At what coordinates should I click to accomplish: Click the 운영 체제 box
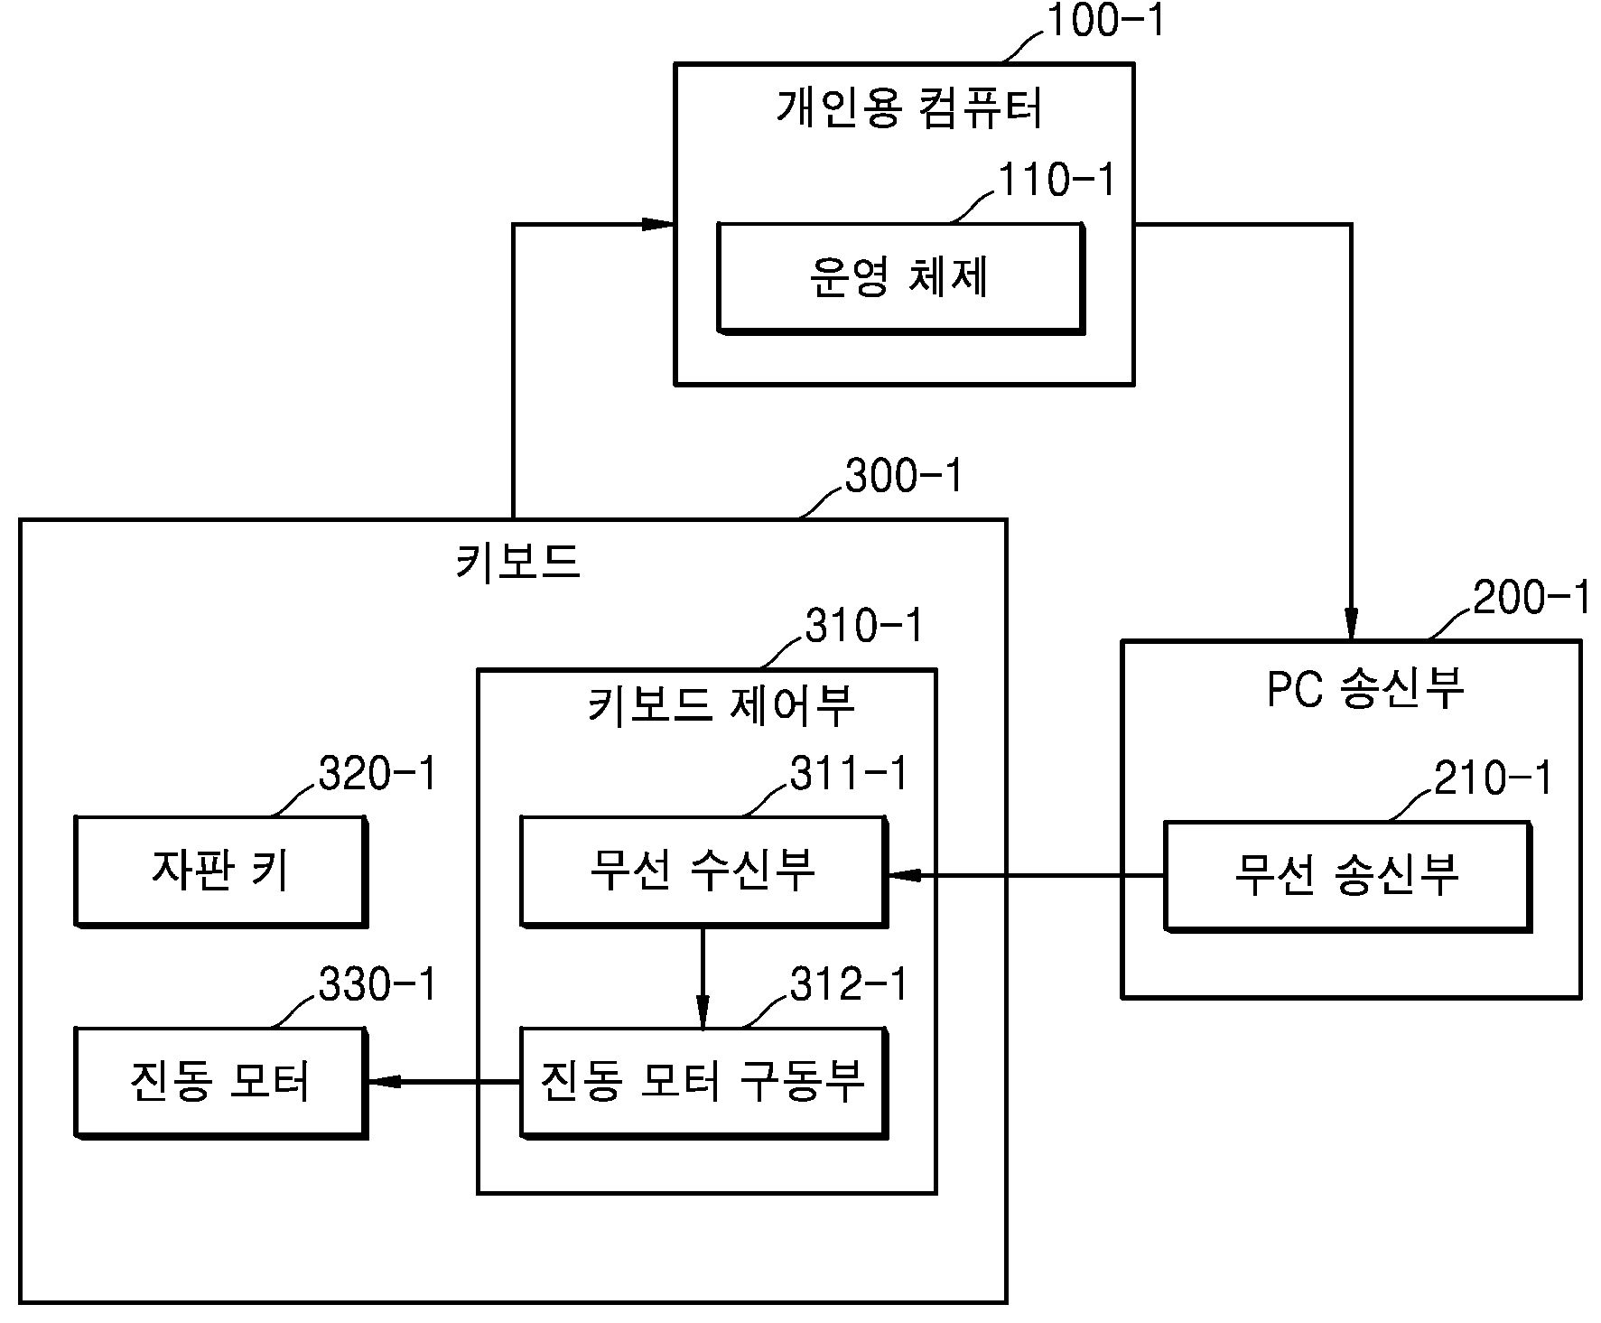pyautogui.click(x=900, y=278)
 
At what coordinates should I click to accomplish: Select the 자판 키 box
pyautogui.click(x=220, y=871)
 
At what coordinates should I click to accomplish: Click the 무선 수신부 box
pyautogui.click(x=703, y=871)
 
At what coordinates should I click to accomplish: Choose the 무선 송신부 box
pyautogui.click(x=1347, y=876)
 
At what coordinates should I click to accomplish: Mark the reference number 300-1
pyautogui.click(x=904, y=476)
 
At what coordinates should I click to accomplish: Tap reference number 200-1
pyautogui.click(x=1531, y=598)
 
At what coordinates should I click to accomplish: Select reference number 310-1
pyautogui.click(x=864, y=626)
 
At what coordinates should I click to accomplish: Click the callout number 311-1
pyautogui.click(x=849, y=774)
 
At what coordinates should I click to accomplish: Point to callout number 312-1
pyautogui.click(x=849, y=984)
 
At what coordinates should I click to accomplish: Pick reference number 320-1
pyautogui.click(x=377, y=774)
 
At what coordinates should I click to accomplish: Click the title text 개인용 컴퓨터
pyautogui.click(x=909, y=108)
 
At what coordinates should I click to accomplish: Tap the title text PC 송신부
pyautogui.click(x=1364, y=688)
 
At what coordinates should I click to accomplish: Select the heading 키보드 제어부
pyautogui.click(x=721, y=705)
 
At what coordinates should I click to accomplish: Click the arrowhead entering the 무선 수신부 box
pyautogui.click(x=904, y=875)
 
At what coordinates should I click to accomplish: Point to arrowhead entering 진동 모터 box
pyautogui.click(x=384, y=1081)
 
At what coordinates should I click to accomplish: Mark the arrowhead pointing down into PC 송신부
pyautogui.click(x=1351, y=624)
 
